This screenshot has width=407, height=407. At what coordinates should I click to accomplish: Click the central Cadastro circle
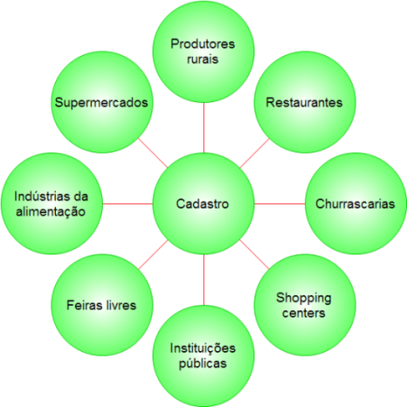click(x=203, y=204)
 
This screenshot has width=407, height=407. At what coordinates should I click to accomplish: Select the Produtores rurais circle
click(x=203, y=51)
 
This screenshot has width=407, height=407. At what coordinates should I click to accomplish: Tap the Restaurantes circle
click(x=305, y=102)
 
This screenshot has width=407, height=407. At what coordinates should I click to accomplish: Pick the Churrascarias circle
click(x=356, y=204)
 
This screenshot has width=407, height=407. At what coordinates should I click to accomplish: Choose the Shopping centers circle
click(x=305, y=305)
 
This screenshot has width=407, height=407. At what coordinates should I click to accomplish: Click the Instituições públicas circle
click(x=203, y=356)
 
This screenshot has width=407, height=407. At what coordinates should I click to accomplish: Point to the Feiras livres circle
click(x=102, y=305)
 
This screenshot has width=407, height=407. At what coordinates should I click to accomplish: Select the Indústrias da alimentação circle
click(x=51, y=204)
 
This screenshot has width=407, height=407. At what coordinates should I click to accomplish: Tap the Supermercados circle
click(x=102, y=102)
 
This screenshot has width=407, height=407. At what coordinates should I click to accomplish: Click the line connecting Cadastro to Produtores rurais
click(x=204, y=127)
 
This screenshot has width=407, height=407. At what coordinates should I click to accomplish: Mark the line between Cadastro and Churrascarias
click(x=280, y=204)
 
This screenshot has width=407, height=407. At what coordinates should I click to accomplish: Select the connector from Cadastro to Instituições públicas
click(x=204, y=280)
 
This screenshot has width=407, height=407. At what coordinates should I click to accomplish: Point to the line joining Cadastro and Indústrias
click(x=127, y=204)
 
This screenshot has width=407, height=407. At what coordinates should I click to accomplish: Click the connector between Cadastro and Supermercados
click(x=153, y=153)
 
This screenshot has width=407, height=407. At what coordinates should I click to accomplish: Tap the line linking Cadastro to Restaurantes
click(x=254, y=153)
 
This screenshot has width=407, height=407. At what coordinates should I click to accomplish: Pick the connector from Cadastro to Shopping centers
click(x=254, y=254)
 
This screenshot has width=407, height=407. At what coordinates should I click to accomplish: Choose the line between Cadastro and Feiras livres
click(x=153, y=254)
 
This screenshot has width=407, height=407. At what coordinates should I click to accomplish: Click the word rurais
click(x=203, y=60)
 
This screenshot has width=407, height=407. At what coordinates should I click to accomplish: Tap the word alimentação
click(x=51, y=212)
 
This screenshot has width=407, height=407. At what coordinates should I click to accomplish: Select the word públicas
click(x=203, y=364)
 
